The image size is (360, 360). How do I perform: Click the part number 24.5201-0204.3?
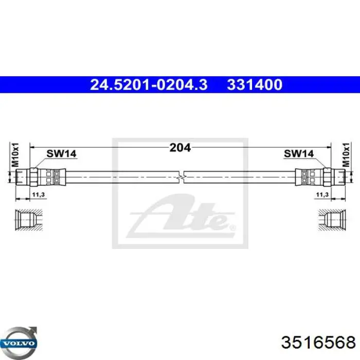coord(149,84)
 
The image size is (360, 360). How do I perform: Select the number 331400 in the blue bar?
coord(255,84)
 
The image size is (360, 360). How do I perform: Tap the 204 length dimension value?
coord(180,148)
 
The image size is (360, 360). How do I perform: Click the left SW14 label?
coord(61,154)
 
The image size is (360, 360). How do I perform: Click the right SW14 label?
coord(299,154)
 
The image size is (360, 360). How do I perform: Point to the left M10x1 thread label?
coord(15,154)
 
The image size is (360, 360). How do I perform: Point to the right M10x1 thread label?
coord(346,154)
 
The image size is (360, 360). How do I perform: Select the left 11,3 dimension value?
coord(39,195)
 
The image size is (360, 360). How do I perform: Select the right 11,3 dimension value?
coord(322,195)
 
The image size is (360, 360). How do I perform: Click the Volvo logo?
coord(19,343)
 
